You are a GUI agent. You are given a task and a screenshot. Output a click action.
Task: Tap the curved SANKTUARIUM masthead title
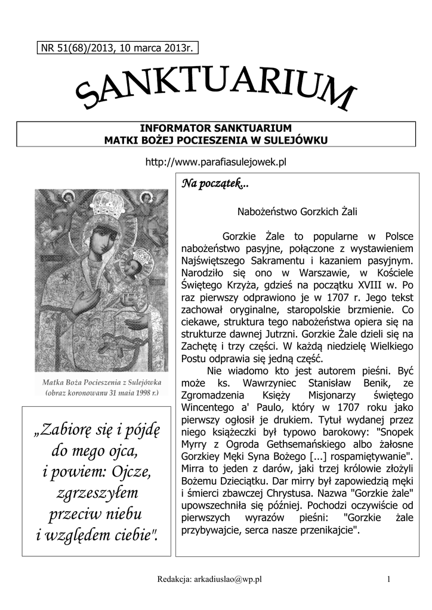216,92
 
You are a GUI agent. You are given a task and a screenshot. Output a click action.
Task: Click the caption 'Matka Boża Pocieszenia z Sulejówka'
102,382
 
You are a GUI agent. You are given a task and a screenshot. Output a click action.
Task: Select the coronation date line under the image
102,393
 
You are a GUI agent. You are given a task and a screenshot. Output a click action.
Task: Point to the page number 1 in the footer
388,579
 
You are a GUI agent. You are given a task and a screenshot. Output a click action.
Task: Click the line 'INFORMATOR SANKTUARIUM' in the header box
216,129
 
